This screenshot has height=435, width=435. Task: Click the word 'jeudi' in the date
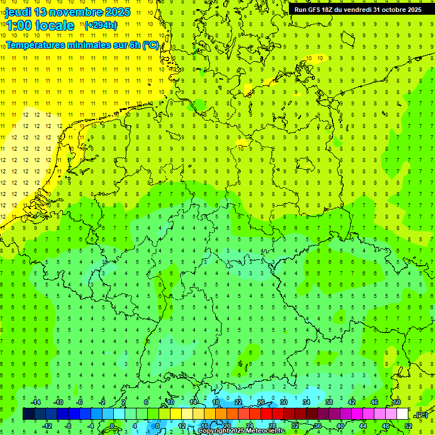(18, 12)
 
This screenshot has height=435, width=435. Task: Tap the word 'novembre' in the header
(71, 12)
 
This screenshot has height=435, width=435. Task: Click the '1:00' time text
(19, 25)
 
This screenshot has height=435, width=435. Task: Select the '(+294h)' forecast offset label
(101, 25)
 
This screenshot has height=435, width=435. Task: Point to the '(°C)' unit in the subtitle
(150, 45)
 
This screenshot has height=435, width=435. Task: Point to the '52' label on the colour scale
(408, 425)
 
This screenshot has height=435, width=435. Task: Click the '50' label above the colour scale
(397, 402)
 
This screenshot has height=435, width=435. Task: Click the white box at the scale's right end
(402, 414)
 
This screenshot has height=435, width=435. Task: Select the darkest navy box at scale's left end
(28, 414)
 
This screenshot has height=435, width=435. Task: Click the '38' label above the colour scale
(329, 402)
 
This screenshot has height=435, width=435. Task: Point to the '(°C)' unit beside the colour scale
(421, 415)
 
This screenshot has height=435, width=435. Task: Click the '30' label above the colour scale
(284, 402)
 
